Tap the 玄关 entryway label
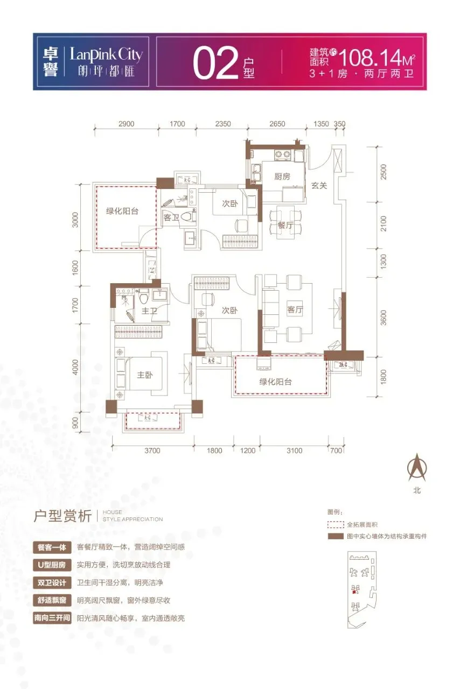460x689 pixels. click(x=319, y=186)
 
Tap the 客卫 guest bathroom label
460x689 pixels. click(x=171, y=219)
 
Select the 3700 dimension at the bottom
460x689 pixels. click(x=152, y=451)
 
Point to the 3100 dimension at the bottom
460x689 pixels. click(x=294, y=451)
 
